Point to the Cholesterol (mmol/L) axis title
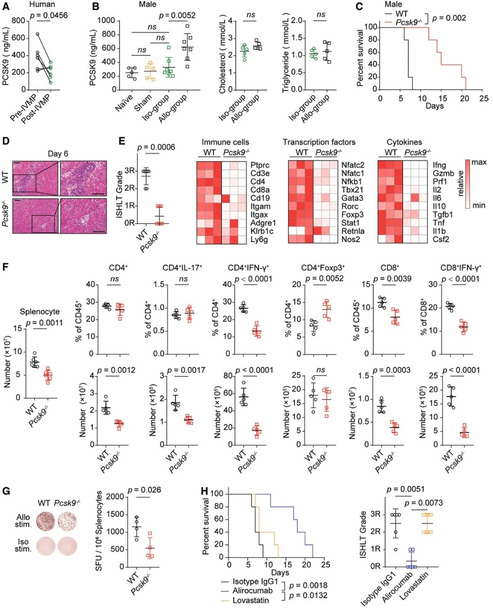pos(222,54)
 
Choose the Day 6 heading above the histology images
pos(58,153)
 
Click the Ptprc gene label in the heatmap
pos(260,165)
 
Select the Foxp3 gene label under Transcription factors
pos(352,215)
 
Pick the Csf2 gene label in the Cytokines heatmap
pos(441,239)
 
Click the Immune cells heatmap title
pos(225,142)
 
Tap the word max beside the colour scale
pos(479,162)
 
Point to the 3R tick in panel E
pos(130,171)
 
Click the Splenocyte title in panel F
pos(40,311)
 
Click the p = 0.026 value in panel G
pos(144,490)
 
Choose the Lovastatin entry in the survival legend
pos(250,600)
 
